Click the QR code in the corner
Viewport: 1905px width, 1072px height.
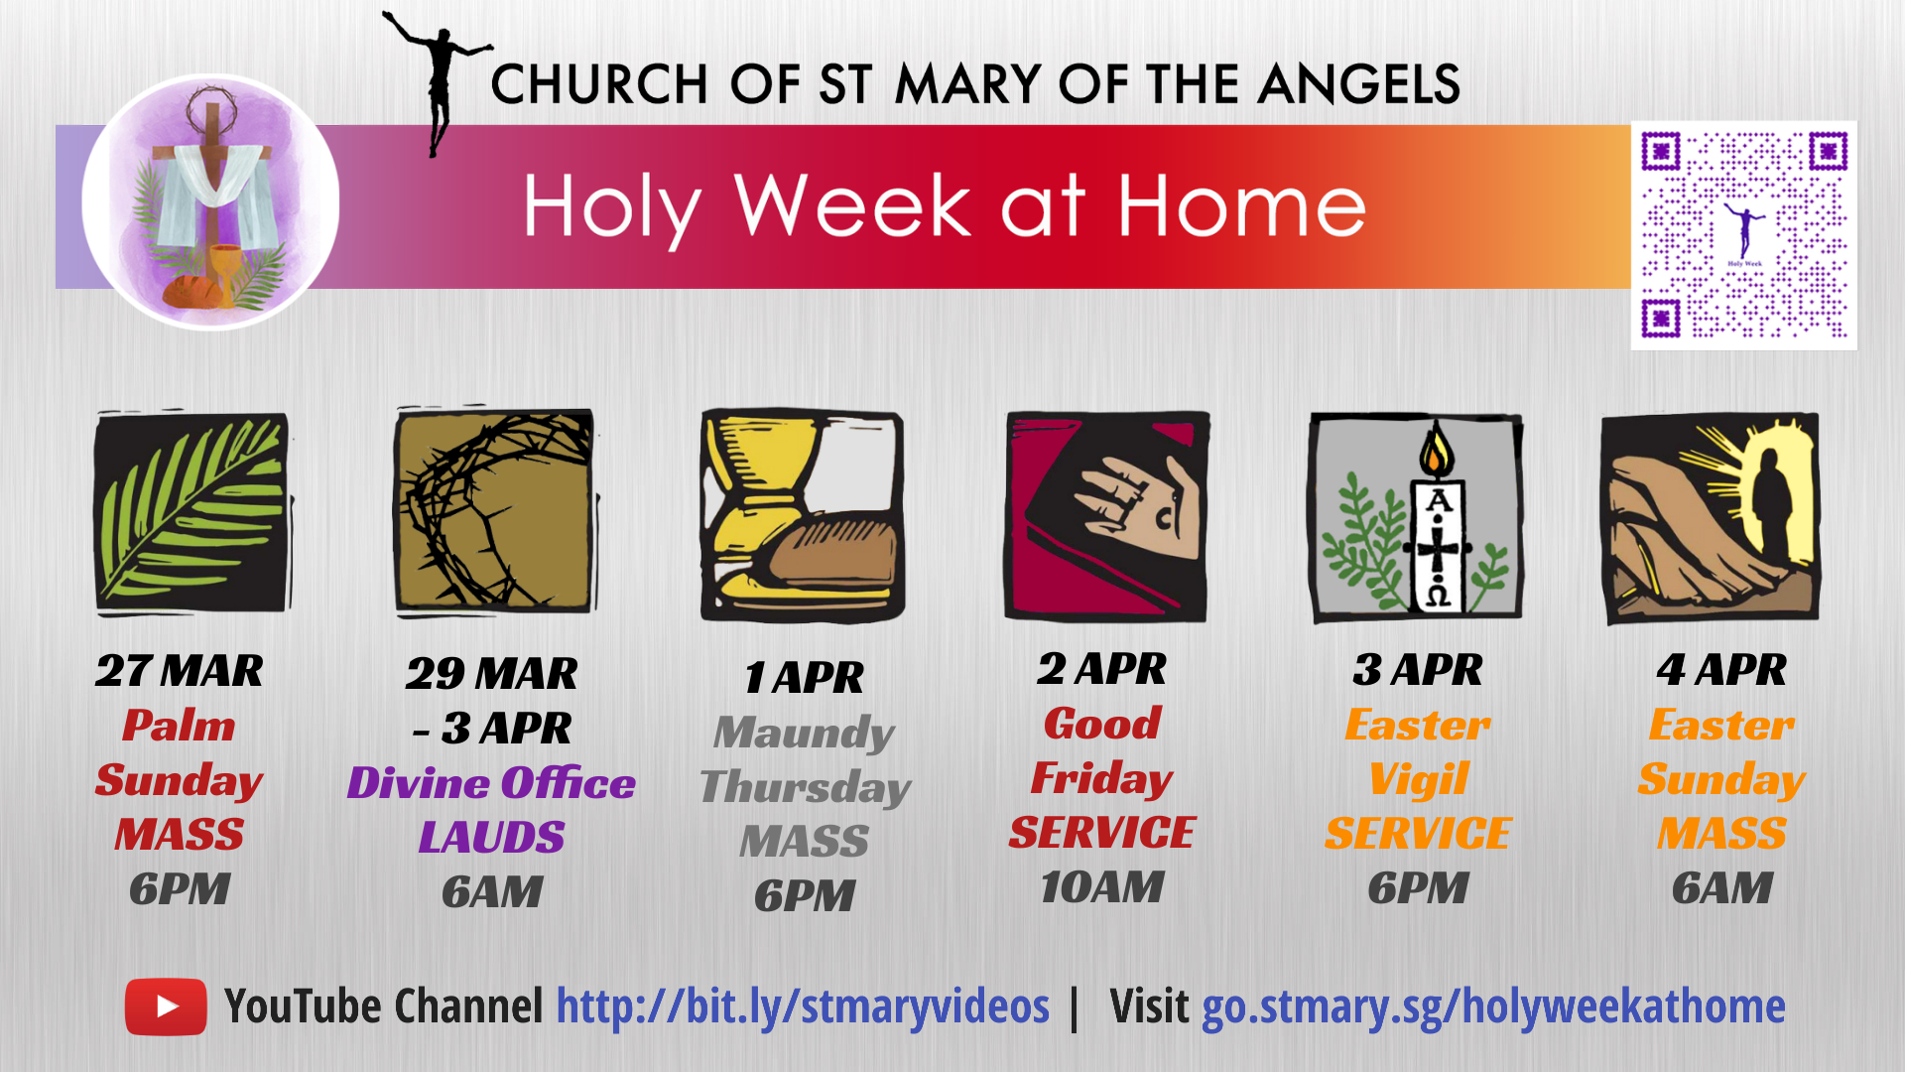[x=1743, y=235]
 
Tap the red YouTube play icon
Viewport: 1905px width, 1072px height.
[x=166, y=1006]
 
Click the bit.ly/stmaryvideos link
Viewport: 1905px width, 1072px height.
[x=802, y=1006]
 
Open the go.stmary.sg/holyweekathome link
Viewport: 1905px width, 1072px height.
[x=1493, y=1006]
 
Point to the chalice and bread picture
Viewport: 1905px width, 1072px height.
[x=802, y=516]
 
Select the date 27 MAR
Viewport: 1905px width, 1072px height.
[x=180, y=671]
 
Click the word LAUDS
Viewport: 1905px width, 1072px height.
[x=491, y=838]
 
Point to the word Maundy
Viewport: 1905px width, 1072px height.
[x=804, y=733]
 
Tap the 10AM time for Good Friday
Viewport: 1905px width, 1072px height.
[x=1101, y=887]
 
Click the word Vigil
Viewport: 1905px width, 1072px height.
[x=1418, y=779]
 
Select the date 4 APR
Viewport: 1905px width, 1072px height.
[x=1721, y=670]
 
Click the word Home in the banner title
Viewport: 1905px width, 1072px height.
[x=1241, y=206]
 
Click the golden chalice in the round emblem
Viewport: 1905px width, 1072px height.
[x=226, y=268]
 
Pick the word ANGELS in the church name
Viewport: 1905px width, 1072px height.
[x=1358, y=84]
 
